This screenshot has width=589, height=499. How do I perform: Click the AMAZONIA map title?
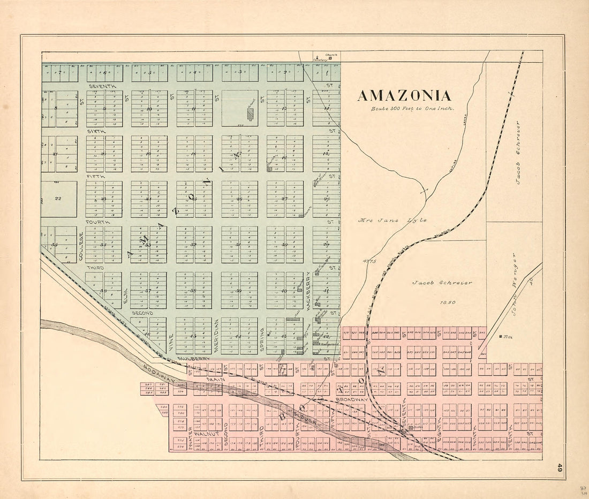coord(404,96)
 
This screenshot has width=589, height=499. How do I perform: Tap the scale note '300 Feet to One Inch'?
coord(413,109)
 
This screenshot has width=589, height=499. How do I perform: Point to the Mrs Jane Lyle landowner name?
coord(392,220)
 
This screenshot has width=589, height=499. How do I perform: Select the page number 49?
coord(558,467)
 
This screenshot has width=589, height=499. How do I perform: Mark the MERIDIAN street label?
coord(217,336)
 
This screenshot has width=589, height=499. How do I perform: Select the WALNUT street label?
coord(205,433)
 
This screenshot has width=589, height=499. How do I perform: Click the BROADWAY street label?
coord(352,399)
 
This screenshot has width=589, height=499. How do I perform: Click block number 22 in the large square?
coord(58,198)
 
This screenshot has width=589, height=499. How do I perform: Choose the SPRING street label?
coord(262,339)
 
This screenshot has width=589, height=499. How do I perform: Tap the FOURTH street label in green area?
coord(98,222)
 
